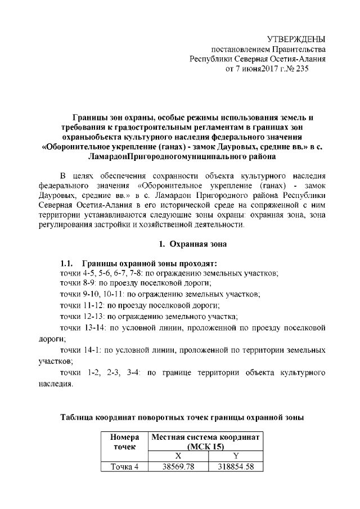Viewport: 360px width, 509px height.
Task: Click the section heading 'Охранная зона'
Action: [194, 244]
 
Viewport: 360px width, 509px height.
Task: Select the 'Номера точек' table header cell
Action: [124, 443]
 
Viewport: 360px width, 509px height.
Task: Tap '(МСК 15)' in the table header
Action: [205, 447]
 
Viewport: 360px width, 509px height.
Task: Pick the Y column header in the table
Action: [236, 457]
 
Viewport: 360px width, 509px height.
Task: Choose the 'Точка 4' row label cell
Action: [124, 466]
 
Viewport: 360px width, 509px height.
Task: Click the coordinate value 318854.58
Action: [236, 466]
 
